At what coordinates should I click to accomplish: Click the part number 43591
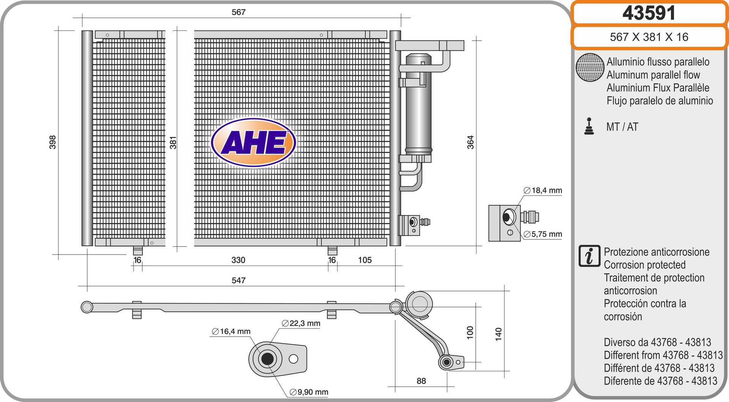(x=649, y=13)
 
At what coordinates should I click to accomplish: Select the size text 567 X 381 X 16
(x=649, y=37)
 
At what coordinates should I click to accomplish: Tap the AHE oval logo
(x=253, y=142)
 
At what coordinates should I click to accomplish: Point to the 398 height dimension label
(x=52, y=142)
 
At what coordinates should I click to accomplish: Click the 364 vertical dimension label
(x=470, y=142)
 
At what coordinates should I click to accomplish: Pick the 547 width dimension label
(x=238, y=280)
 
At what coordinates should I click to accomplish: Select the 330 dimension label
(x=238, y=260)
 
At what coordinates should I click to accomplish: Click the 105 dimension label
(x=365, y=260)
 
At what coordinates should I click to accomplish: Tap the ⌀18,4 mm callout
(x=543, y=190)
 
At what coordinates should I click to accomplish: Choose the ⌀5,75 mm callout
(x=543, y=234)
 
